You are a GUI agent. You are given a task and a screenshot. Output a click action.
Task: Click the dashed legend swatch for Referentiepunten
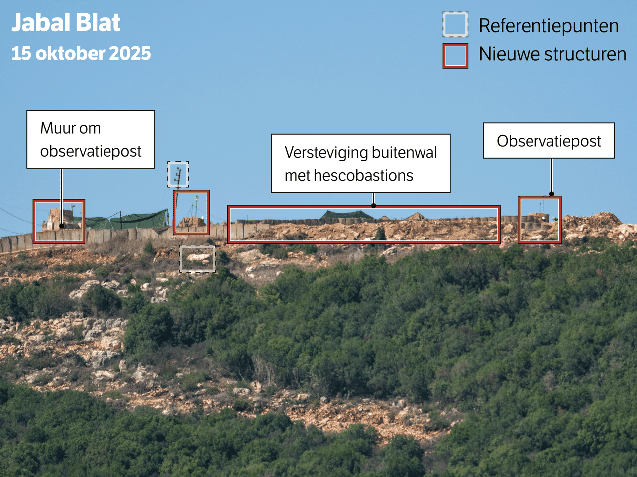coord(455,25)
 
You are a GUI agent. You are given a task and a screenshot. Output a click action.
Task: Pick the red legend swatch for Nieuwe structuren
coord(455,56)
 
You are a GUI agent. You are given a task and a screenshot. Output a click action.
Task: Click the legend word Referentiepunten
coord(548,26)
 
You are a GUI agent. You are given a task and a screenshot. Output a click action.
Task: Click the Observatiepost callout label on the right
coord(548,141)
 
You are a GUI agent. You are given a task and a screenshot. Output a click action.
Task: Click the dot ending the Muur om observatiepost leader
coord(62,226)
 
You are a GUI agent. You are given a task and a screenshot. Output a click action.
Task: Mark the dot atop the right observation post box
coord(551,194)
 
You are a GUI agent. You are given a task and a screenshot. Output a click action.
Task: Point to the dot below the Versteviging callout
coord(373,205)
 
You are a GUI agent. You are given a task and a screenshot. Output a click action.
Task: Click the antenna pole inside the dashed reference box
coord(178,175)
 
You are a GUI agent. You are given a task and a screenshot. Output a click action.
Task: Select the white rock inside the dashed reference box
coord(198,257)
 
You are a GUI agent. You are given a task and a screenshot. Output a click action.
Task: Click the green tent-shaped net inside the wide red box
coord(345,215)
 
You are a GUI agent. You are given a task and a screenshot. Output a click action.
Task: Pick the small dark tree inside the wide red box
coord(381,234)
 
